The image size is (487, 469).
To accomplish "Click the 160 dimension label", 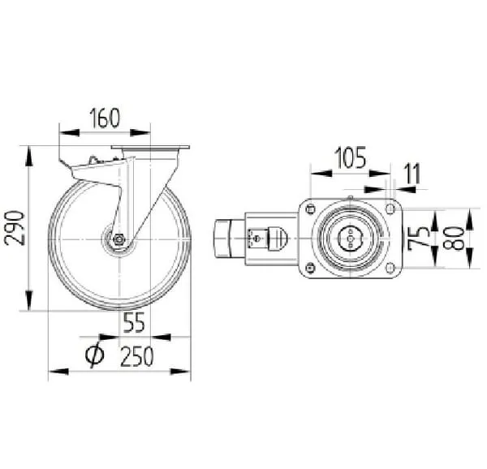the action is coord(105,118).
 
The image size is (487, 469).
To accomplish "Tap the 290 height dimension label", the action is coord(15,228).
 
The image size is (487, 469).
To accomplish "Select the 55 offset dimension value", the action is coord(134,322).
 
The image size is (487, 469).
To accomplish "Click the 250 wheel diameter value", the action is coord(137,356).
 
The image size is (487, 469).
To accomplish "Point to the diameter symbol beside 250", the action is coord(95,355).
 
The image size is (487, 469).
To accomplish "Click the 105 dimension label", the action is coord(350,157).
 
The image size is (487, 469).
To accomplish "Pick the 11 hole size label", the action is coord(413,174).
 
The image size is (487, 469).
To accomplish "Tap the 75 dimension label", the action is coord(418,238).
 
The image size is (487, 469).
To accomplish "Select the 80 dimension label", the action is coord(454,238).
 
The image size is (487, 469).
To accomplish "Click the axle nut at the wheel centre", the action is coord(119,239).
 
